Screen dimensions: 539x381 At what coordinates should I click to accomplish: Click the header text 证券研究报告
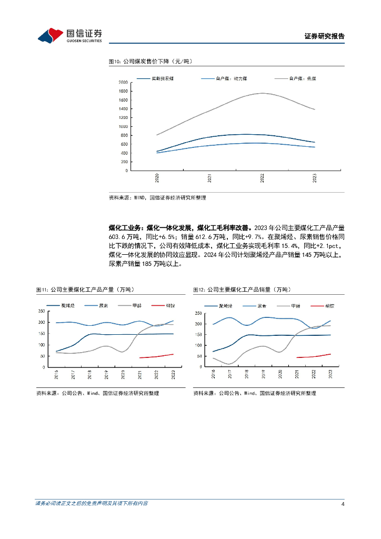[x=325, y=36]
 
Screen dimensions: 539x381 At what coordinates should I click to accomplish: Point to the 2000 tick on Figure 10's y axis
[x=123, y=83]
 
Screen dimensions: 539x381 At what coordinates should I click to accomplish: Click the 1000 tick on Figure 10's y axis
[x=123, y=126]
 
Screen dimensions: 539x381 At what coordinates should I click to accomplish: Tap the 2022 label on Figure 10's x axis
[x=262, y=178]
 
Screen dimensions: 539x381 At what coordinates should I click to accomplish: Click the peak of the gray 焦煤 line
[x=262, y=93]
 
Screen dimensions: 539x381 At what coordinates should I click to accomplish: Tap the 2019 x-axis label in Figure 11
[x=106, y=375]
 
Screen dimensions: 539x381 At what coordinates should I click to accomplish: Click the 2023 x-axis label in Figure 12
[x=330, y=374]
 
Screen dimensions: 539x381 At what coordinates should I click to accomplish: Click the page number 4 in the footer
[x=343, y=504]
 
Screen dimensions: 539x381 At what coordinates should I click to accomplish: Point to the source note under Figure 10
[x=157, y=197]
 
